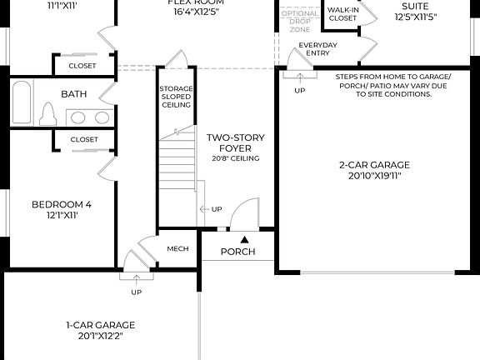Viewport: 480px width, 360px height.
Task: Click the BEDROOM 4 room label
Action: click(61, 204)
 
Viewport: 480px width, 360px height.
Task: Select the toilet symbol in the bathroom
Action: click(48, 113)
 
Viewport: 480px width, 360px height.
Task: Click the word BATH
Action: click(73, 94)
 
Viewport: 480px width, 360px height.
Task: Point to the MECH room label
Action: click(177, 248)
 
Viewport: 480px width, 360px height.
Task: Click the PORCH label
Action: click(237, 252)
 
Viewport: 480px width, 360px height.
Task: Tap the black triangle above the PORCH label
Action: click(244, 239)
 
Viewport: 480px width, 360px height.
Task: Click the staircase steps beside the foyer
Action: click(177, 167)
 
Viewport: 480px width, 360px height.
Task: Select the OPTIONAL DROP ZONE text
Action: click(299, 22)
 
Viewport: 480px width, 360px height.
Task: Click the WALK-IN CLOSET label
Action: click(342, 13)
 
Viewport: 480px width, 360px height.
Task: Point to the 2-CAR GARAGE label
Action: click(374, 165)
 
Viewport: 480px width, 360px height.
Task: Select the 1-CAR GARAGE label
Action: click(100, 325)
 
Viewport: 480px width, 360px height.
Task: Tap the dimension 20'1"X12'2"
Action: click(100, 337)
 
